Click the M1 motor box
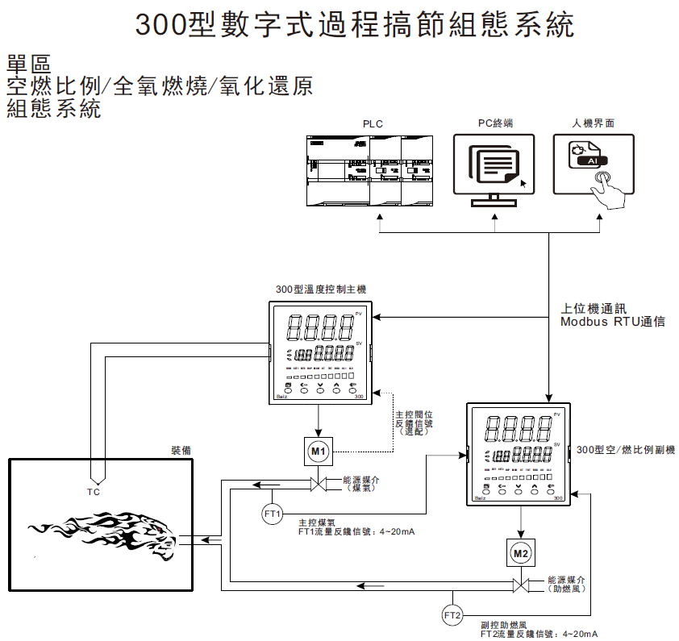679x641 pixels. point(319,452)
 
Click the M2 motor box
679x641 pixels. point(521,554)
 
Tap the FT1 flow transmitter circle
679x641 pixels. point(273,513)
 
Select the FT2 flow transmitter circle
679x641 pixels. point(452,615)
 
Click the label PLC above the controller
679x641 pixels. point(373,123)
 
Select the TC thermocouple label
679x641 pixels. point(94,492)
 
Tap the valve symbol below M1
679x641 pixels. point(319,485)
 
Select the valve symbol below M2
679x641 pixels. point(521,585)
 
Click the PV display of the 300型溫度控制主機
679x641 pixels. point(321,327)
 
